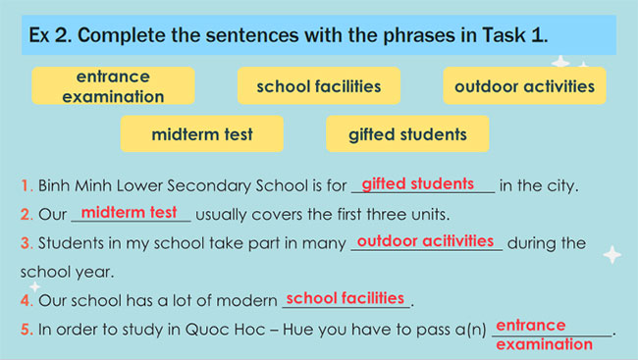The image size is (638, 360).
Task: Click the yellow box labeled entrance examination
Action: [x=112, y=86]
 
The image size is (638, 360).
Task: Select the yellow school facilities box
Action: [x=318, y=86]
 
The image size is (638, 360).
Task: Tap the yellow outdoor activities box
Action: [x=524, y=86]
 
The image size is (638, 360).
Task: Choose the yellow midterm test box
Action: [x=202, y=134]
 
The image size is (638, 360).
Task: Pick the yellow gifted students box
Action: [x=407, y=134]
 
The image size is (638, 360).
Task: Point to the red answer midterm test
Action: [x=129, y=212]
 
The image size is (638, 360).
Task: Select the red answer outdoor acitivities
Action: [x=425, y=240]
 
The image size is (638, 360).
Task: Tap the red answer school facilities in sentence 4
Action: [x=345, y=297]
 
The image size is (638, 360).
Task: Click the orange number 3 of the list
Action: [x=25, y=243]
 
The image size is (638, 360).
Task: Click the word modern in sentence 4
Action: [x=249, y=300]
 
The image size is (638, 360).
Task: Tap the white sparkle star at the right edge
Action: [x=611, y=255]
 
